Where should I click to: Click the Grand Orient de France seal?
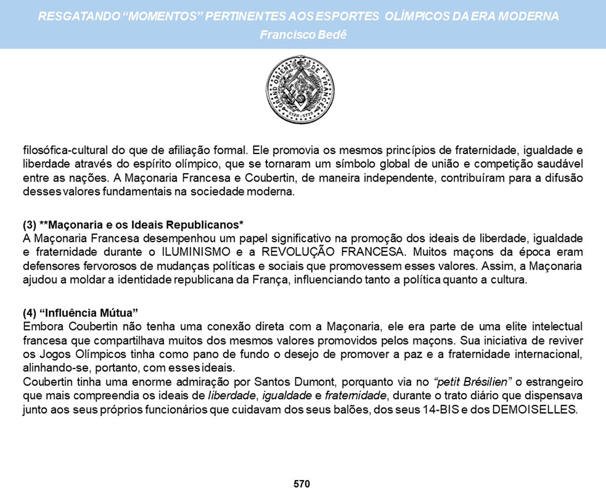point(301,89)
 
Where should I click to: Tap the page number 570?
point(301,484)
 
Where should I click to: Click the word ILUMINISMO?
point(190,252)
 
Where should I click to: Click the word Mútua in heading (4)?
point(117,311)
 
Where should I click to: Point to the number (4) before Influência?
point(29,311)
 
